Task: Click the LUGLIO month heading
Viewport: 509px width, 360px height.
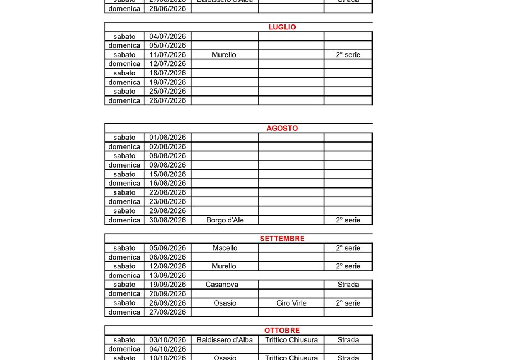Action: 282,27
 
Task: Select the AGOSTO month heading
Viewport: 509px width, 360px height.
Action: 282,128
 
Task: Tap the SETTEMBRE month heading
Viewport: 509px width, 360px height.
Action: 282,239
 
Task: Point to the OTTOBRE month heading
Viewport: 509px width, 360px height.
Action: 282,331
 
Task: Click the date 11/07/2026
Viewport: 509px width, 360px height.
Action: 167,55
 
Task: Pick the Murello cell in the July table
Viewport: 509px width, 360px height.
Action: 224,55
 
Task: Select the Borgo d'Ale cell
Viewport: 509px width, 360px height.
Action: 225,220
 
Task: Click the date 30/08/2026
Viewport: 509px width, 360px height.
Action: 167,220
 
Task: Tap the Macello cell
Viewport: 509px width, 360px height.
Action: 225,248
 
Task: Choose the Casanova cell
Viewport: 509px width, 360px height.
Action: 225,285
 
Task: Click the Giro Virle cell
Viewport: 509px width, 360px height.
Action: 291,303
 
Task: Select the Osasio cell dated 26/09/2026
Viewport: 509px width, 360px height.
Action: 225,303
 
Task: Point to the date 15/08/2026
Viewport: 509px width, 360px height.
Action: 167,174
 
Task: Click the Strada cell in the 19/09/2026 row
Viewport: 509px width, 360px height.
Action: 348,285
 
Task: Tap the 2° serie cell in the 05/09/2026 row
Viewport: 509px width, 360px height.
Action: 348,248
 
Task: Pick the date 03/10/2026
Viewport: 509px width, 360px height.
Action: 167,340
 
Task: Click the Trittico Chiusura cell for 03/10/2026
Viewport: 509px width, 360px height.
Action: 291,340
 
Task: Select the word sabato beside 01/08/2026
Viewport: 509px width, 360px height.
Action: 124,138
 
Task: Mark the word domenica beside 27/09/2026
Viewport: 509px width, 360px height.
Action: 124,312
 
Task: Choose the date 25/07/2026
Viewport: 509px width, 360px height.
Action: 167,92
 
